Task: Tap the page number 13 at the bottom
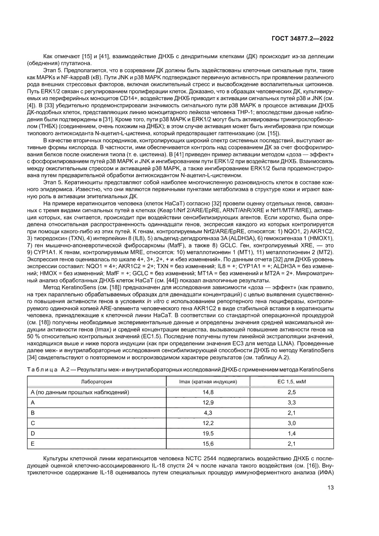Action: point(330,487)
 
